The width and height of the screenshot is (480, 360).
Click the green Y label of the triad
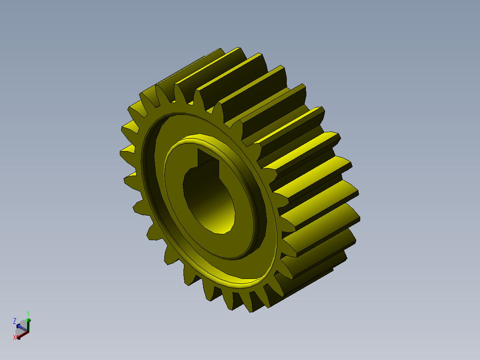click(28, 313)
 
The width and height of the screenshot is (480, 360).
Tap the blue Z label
click(15, 321)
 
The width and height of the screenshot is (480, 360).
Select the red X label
click(15, 337)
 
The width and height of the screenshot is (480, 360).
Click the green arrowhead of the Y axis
click(28, 320)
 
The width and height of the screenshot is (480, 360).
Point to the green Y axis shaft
click(28, 327)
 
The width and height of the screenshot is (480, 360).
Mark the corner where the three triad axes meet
click(28, 332)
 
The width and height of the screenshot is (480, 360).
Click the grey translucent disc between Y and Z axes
click(23, 324)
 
